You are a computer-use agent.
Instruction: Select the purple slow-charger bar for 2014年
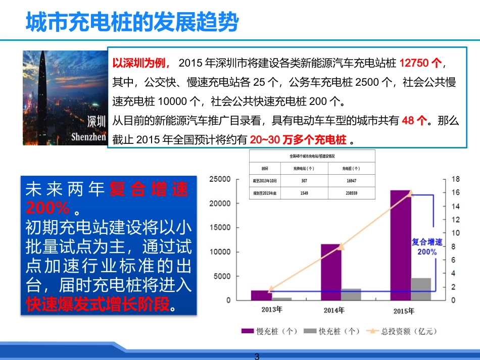coord(330,272)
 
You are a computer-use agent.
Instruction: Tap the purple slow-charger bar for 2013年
coord(260,295)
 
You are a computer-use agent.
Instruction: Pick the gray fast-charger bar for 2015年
coord(420,289)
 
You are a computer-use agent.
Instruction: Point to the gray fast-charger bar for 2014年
coord(351,294)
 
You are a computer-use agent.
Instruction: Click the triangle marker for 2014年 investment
coord(341,246)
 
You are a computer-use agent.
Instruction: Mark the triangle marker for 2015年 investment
coord(410,193)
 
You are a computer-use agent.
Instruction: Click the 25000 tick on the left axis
coord(220,179)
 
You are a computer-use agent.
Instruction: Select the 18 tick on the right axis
coord(455,179)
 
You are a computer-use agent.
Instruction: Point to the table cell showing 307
coord(304,180)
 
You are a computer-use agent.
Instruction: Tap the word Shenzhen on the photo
coord(89,136)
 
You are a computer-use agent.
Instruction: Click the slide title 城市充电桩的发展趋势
coord(132,22)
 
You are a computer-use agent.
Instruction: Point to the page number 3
coord(257,356)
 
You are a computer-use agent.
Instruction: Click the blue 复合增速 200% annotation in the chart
coord(426,247)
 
